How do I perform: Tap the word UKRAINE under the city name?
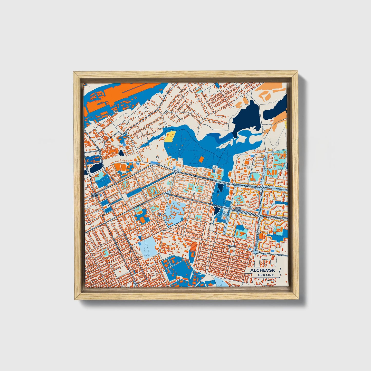(266, 275)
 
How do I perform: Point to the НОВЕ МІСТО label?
(237, 209)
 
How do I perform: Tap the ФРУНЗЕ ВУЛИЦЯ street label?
(140, 205)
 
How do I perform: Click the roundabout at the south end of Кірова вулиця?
(255, 252)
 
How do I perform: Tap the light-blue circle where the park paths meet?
(180, 149)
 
